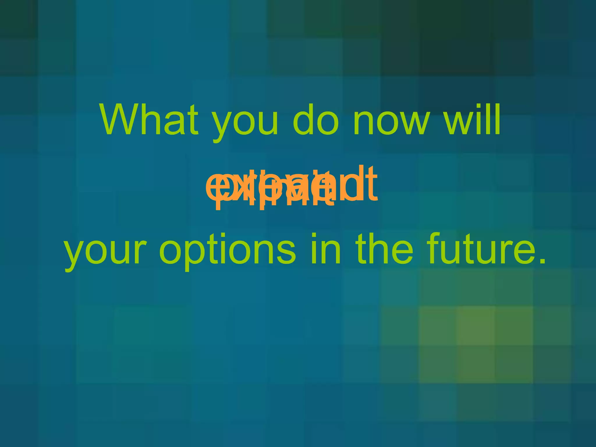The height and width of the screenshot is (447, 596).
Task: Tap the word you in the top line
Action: tap(245, 124)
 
